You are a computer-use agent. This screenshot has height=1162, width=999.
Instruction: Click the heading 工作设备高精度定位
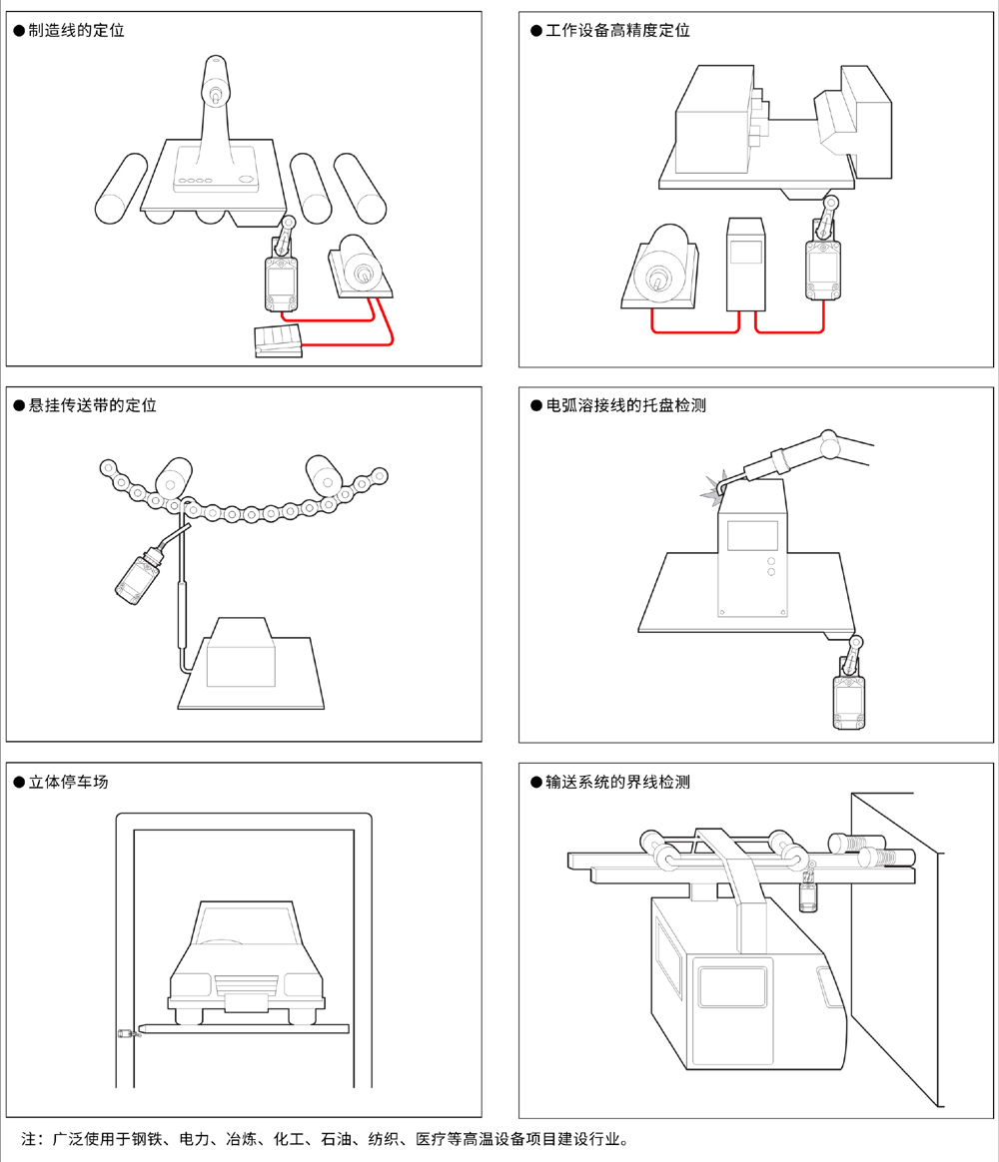617,31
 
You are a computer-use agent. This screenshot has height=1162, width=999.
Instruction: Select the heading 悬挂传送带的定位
92,405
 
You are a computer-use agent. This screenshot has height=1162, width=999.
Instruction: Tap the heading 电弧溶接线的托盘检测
625,406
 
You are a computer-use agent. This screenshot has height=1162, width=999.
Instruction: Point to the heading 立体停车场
68,782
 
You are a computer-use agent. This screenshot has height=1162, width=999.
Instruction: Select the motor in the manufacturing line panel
360,267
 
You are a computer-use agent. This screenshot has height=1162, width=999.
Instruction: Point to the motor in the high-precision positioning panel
660,268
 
